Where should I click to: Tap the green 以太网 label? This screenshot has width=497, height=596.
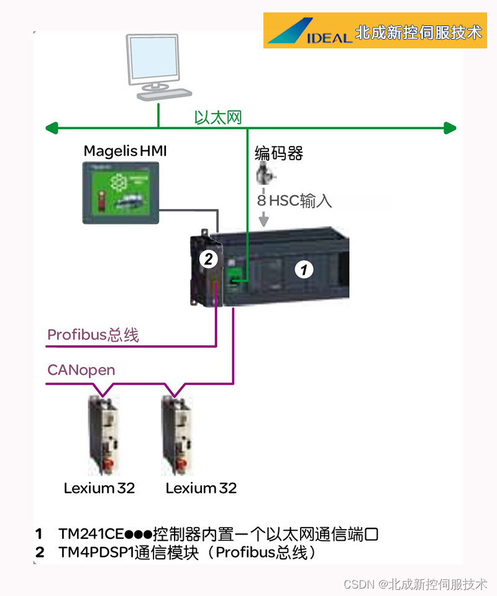tap(217, 117)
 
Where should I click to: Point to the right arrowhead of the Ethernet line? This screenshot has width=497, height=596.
tap(451, 129)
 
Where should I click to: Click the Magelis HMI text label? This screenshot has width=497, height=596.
tap(125, 151)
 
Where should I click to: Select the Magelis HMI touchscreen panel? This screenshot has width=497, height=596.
tap(121, 192)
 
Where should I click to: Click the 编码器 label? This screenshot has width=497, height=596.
tap(279, 153)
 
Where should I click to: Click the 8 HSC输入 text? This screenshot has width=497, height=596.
tap(295, 201)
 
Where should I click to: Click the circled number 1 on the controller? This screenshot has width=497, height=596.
tap(303, 269)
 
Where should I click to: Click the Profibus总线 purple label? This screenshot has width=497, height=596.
tap(93, 335)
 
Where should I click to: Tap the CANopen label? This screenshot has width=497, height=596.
tap(81, 370)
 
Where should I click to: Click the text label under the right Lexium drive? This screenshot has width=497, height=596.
tap(201, 488)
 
